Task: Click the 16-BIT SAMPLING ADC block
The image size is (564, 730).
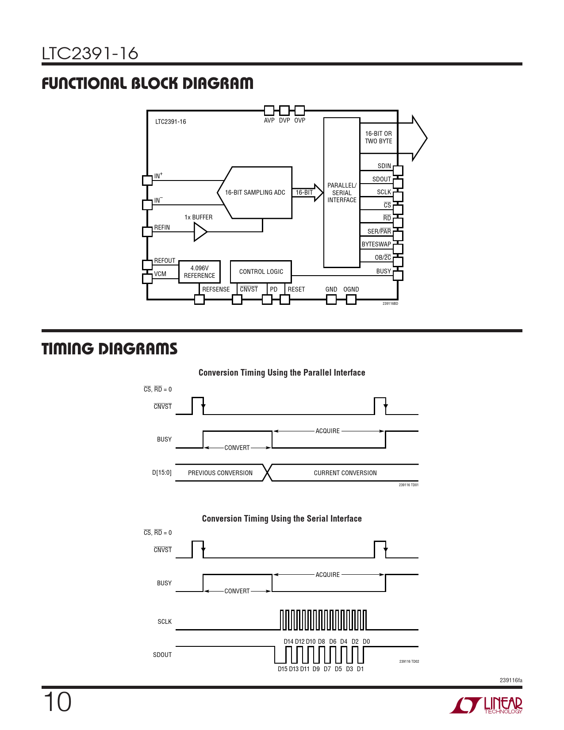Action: click(x=255, y=192)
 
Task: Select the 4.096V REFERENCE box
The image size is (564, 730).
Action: click(x=199, y=272)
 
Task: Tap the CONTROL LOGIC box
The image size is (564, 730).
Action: click(x=261, y=272)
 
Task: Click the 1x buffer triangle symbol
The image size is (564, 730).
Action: click(x=200, y=232)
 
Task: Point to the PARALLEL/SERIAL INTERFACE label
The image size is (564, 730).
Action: click(x=341, y=193)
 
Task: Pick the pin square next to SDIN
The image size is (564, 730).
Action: click(x=398, y=171)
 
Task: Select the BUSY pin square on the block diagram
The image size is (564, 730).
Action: click(x=398, y=276)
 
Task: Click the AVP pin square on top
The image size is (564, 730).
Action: click(x=269, y=111)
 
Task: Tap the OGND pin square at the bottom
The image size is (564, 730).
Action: click(x=351, y=300)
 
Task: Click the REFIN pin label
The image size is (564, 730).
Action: click(x=162, y=227)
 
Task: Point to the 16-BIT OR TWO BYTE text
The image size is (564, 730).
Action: click(x=378, y=137)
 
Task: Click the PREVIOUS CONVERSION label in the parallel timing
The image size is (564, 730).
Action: click(x=220, y=473)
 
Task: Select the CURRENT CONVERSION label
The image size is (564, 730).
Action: click(x=345, y=473)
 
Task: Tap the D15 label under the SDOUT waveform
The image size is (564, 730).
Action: click(x=282, y=669)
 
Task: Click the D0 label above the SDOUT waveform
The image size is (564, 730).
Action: click(x=366, y=642)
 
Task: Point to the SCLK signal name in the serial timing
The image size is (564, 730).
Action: click(x=165, y=622)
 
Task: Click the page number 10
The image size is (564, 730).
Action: click(x=57, y=702)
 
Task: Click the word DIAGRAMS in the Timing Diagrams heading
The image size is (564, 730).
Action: click(x=138, y=349)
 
